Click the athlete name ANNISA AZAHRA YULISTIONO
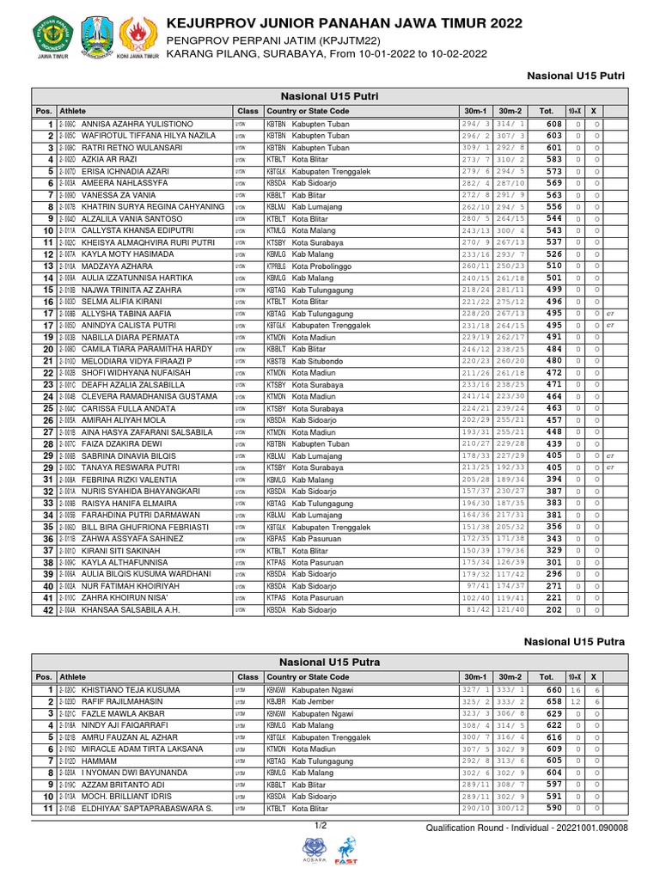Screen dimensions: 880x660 click(x=137, y=125)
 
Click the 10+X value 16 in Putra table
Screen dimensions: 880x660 click(x=576, y=691)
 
